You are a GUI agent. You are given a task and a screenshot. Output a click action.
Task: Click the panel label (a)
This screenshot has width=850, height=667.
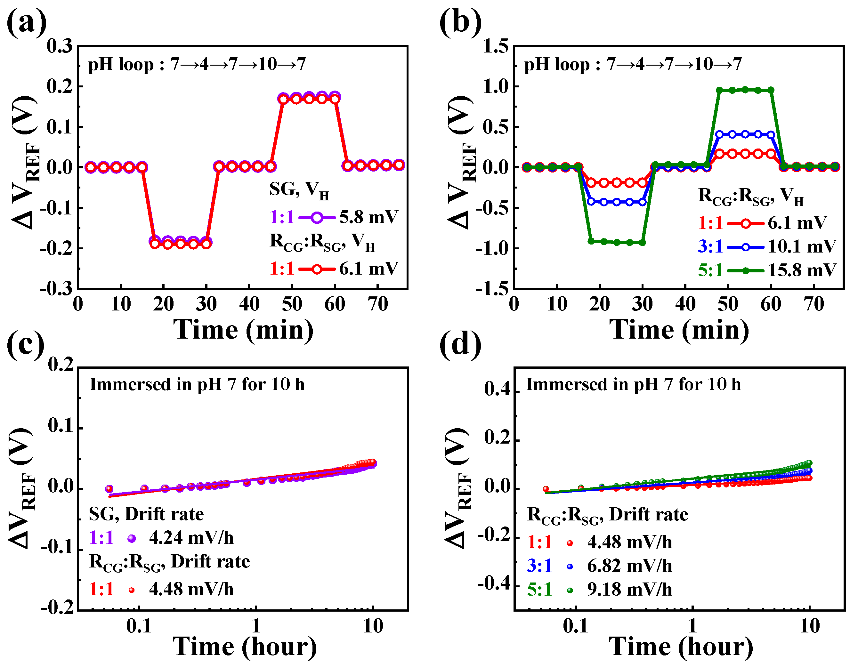pyautogui.click(x=27, y=23)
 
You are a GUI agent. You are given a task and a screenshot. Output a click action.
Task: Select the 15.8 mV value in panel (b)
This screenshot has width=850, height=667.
pyautogui.click(x=802, y=270)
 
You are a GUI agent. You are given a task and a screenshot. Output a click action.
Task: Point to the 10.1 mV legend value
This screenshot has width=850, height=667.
pyautogui.click(x=802, y=246)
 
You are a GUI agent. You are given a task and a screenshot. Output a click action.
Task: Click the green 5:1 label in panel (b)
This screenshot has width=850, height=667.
pyautogui.click(x=710, y=270)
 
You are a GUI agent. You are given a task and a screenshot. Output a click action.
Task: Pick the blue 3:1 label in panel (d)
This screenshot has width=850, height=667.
pyautogui.click(x=539, y=566)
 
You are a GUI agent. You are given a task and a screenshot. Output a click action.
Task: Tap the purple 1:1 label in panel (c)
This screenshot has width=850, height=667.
pyautogui.click(x=101, y=538)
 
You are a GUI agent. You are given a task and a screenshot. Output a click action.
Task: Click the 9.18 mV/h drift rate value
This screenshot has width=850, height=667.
pyautogui.click(x=629, y=590)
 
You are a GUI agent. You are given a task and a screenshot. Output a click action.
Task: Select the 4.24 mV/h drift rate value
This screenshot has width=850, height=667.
pyautogui.click(x=191, y=538)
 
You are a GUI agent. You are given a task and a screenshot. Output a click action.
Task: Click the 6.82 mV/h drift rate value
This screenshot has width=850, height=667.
pyautogui.click(x=629, y=566)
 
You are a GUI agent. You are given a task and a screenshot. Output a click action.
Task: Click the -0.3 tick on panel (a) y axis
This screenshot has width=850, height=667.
pyautogui.click(x=56, y=289)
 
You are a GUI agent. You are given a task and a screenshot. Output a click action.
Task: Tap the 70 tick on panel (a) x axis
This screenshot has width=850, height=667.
pyautogui.click(x=377, y=304)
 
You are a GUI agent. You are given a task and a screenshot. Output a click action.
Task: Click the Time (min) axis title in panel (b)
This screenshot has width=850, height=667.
pyautogui.click(x=679, y=330)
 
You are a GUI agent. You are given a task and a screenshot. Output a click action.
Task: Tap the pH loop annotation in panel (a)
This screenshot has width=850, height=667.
pyautogui.click(x=197, y=64)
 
